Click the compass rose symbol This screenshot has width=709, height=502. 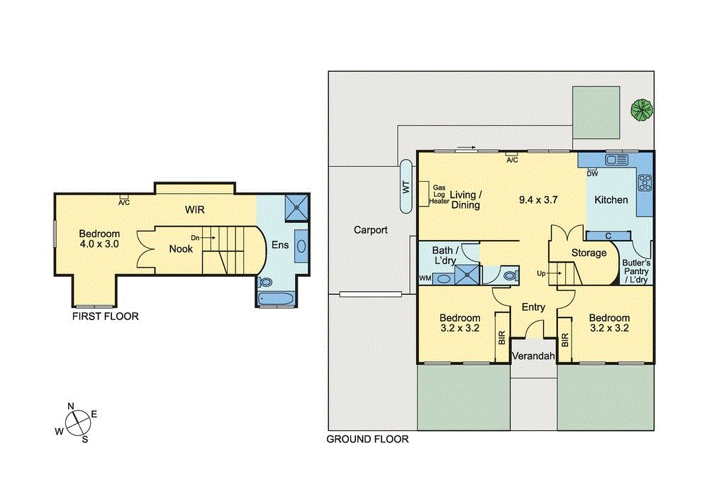[x=78, y=422]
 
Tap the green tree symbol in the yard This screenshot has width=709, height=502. [x=641, y=109]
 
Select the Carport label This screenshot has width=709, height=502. [x=371, y=230]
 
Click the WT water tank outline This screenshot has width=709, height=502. [x=407, y=187]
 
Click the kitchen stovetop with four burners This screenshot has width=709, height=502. [x=644, y=183]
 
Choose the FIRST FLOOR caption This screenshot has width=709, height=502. [x=106, y=317]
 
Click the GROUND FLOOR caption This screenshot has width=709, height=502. [x=367, y=439]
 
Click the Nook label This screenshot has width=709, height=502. [x=181, y=249]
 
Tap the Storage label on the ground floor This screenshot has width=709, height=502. [x=589, y=253]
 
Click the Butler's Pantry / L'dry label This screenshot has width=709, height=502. [x=635, y=271]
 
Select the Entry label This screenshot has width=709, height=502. [x=533, y=307]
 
